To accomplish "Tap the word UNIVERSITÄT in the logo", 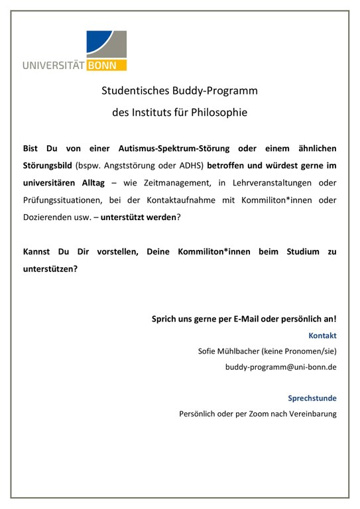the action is point(58,65).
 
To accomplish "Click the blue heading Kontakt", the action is point(322,335).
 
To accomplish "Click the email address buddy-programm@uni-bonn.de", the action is point(281,367).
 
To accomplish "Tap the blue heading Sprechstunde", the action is point(312,398).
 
